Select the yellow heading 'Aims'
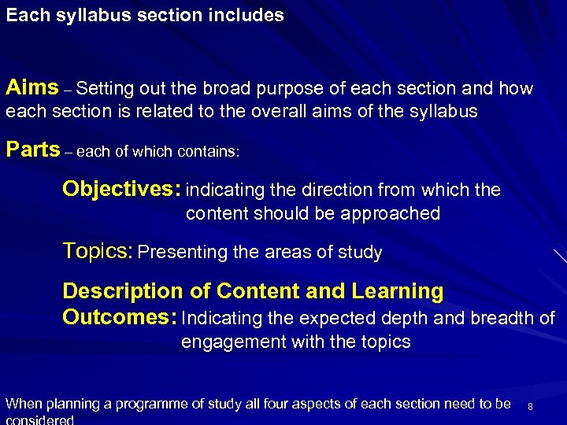(x=31, y=87)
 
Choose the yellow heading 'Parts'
(x=32, y=150)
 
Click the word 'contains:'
(x=209, y=153)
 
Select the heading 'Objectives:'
(x=121, y=189)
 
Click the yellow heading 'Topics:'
(x=98, y=252)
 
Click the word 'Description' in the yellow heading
(x=122, y=291)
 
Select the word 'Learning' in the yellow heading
(x=398, y=291)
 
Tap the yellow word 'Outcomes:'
(x=119, y=317)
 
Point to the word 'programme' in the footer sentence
(x=146, y=405)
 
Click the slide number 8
(x=531, y=406)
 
